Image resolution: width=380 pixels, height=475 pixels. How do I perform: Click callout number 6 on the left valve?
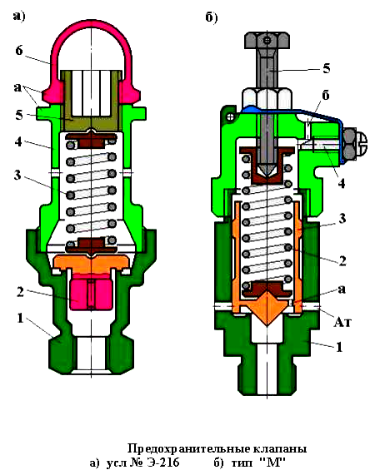[x=19, y=50]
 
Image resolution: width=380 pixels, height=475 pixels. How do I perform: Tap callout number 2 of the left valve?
[x=20, y=292]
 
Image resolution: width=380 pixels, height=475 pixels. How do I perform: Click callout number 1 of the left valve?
[x=20, y=318]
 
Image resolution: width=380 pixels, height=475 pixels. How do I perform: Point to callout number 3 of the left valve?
[x=17, y=175]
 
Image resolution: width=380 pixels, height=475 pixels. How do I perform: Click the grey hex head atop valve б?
[x=267, y=40]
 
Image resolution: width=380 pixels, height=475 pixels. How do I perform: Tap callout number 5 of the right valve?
[x=327, y=68]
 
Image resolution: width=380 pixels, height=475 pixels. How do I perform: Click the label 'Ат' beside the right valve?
[x=342, y=322]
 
